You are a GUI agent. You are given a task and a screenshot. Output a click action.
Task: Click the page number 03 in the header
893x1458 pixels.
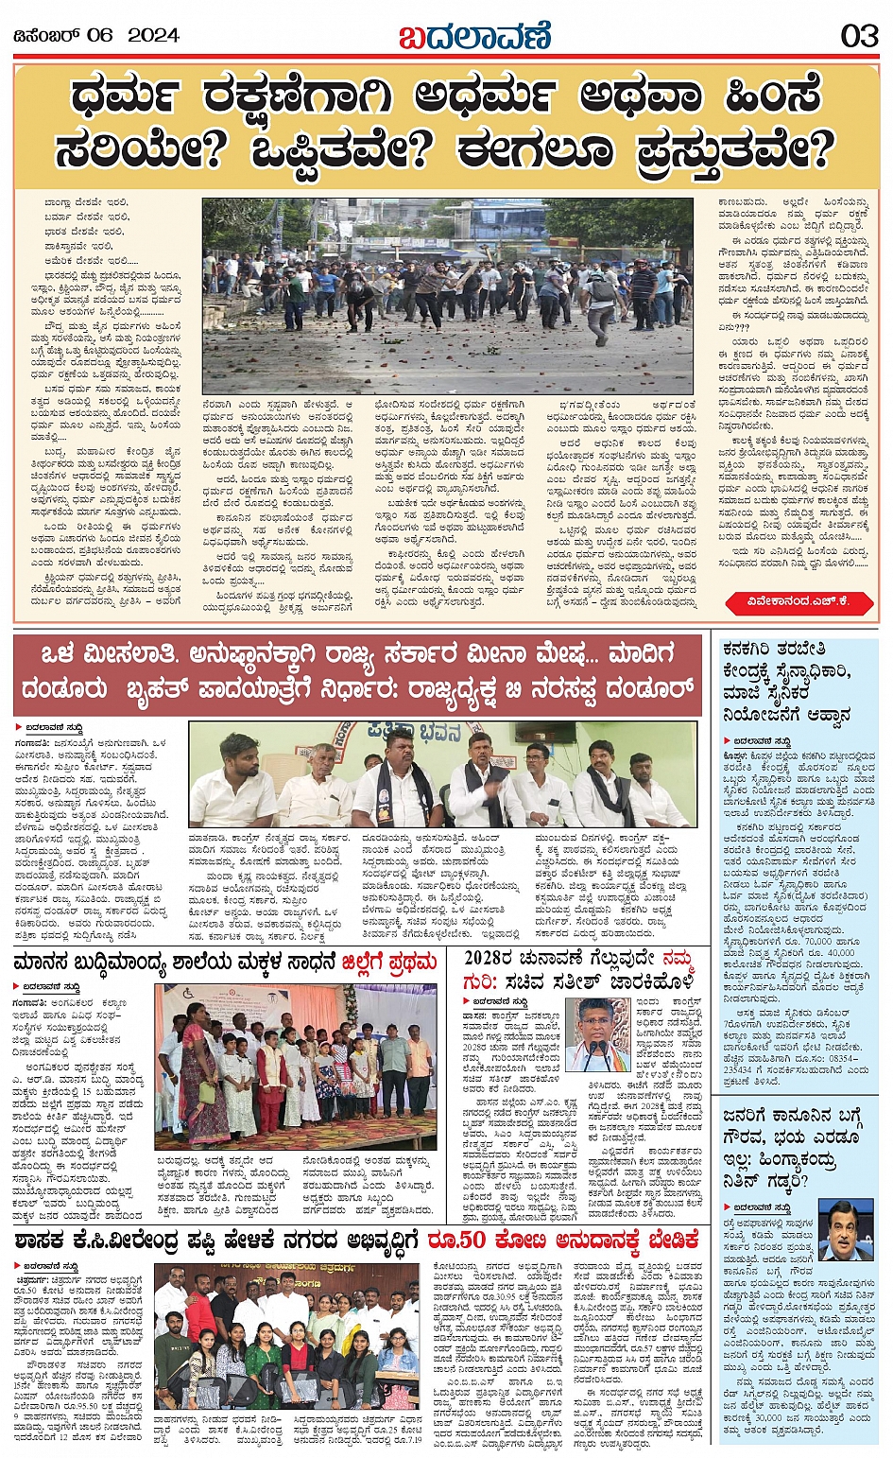coord(859,36)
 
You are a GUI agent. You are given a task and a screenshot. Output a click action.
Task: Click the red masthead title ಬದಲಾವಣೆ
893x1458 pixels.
coord(473,36)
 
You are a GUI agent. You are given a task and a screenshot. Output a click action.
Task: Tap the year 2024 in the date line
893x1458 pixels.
coord(153,36)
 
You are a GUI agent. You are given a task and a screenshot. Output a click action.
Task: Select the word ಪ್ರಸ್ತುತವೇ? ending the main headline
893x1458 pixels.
coord(740,149)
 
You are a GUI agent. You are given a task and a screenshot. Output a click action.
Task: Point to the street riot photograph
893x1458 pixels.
coord(447,295)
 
